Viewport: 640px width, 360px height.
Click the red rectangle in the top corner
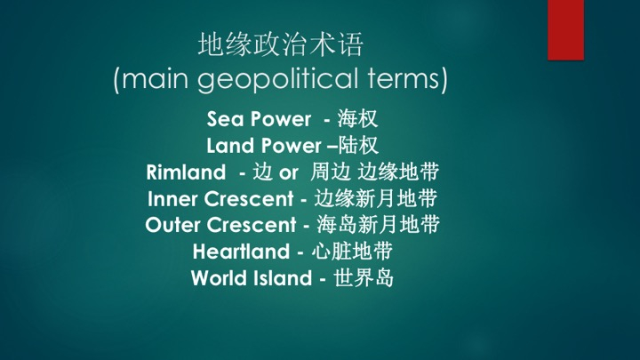tap(565, 30)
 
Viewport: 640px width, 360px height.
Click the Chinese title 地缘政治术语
tap(280, 44)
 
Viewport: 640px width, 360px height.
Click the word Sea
tap(225, 119)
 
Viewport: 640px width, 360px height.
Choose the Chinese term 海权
tap(357, 119)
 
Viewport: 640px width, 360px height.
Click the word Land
tap(230, 146)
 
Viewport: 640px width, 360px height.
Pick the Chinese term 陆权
tap(358, 145)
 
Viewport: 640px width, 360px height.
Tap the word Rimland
tap(186, 172)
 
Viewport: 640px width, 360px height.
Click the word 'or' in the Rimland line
tap(289, 173)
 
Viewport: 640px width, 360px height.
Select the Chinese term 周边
tap(330, 172)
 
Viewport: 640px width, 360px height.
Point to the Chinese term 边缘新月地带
tap(376, 198)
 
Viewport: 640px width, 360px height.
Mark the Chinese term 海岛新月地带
tap(378, 225)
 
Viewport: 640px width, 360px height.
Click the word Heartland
tap(241, 252)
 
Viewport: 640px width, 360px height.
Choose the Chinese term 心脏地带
tap(352, 251)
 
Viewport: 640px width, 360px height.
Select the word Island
tap(283, 278)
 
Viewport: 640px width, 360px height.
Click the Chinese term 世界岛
tap(364, 277)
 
